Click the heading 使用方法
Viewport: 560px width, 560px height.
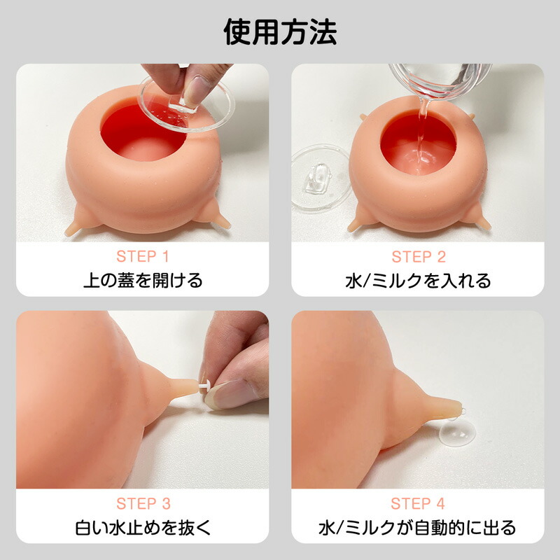point(280,32)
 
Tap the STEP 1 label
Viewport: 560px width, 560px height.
point(143,256)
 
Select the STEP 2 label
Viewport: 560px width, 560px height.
point(419,257)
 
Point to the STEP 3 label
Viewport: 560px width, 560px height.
point(143,504)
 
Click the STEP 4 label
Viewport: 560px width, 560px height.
point(418,504)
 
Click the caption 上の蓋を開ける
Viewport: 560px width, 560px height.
point(143,281)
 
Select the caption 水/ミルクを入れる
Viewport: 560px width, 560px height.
point(418,281)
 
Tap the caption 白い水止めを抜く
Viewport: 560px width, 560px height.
point(143,528)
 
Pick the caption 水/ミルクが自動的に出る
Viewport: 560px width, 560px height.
point(417,528)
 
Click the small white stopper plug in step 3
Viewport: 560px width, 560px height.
point(204,387)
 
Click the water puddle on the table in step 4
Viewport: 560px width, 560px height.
point(457,433)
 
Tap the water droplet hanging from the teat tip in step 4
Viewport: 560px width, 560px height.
point(463,411)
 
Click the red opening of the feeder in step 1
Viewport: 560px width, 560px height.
point(143,133)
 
